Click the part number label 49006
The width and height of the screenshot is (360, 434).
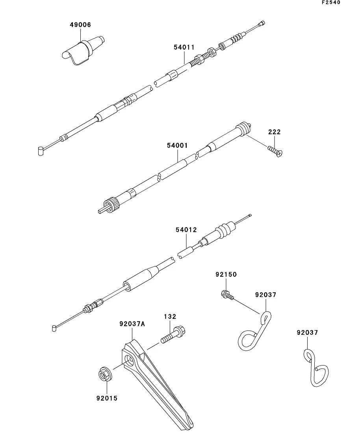(80, 25)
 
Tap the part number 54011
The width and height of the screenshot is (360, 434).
(184, 47)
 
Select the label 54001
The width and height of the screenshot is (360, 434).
(177, 145)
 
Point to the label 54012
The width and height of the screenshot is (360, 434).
(186, 230)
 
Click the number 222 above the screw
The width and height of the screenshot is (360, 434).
(275, 132)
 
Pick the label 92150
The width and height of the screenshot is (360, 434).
(226, 275)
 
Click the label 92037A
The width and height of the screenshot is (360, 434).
(132, 324)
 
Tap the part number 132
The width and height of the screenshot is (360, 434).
(170, 316)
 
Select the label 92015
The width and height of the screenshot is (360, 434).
(107, 398)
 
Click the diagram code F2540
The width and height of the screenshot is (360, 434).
(331, 2)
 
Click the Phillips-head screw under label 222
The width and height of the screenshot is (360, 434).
(275, 151)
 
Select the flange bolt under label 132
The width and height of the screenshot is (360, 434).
(173, 334)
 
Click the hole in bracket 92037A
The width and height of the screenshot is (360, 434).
(130, 361)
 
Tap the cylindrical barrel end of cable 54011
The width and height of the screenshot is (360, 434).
(41, 151)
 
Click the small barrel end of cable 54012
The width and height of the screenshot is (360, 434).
(54, 329)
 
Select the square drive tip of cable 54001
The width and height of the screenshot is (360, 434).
(101, 211)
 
